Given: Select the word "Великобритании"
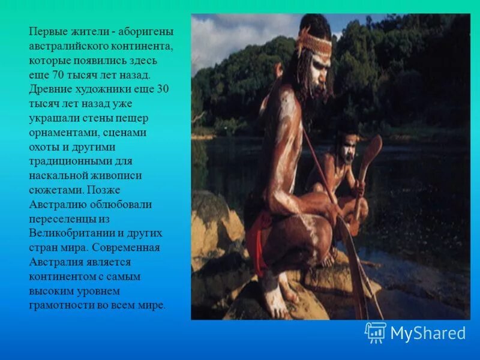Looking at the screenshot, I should (x=67, y=233).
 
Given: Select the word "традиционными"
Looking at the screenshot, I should (x=67, y=161).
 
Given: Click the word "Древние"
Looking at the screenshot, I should (x=49, y=89).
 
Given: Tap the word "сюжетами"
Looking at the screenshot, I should (x=55, y=190).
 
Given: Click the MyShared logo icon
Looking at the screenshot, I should (x=376, y=332).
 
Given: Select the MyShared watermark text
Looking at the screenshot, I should (x=428, y=333).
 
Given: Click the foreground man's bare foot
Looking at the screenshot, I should (x=277, y=300).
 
